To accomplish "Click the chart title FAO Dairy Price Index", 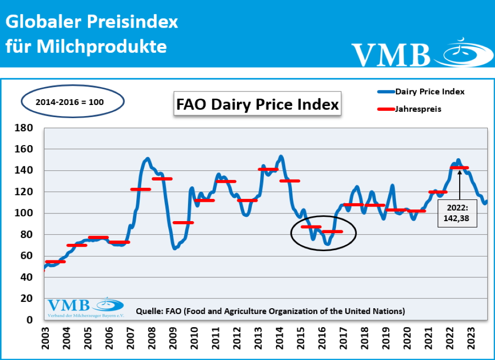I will click(257, 104).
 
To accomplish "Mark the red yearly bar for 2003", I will click(55, 261).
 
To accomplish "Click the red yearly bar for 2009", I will click(183, 223).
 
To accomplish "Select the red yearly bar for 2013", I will click(268, 169).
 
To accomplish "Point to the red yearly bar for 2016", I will click(332, 231).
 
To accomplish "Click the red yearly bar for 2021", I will click(438, 192).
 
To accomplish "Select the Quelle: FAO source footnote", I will click(271, 310).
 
